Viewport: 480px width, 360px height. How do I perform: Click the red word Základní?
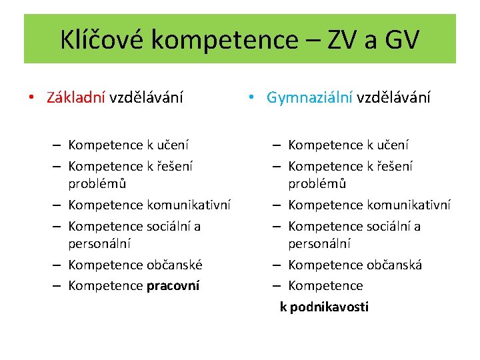pyautogui.click(x=75, y=97)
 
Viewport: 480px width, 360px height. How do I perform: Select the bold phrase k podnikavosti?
pyautogui.click(x=324, y=307)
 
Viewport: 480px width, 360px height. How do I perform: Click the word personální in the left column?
pyautogui.click(x=99, y=244)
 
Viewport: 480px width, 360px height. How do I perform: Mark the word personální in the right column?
pyautogui.click(x=319, y=244)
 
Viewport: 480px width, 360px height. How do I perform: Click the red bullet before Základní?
pyautogui.click(x=31, y=98)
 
